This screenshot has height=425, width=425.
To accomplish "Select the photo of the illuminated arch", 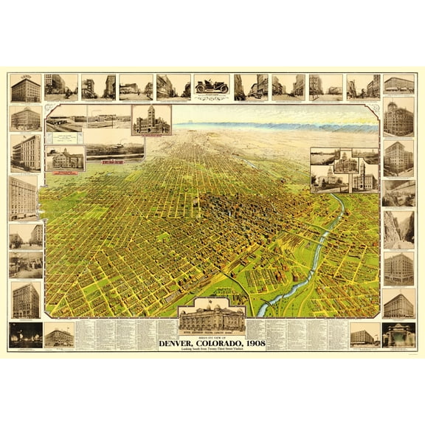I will pyautogui.click(x=398, y=334).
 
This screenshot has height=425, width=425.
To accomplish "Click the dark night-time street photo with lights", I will pyautogui.click(x=25, y=334).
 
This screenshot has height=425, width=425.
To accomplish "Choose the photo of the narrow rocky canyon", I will pyautogui.click(x=398, y=229).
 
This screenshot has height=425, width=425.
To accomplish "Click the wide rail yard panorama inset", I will pyautogui.click(x=114, y=151).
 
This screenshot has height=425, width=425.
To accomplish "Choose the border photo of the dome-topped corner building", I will pyautogui.click(x=398, y=118).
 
